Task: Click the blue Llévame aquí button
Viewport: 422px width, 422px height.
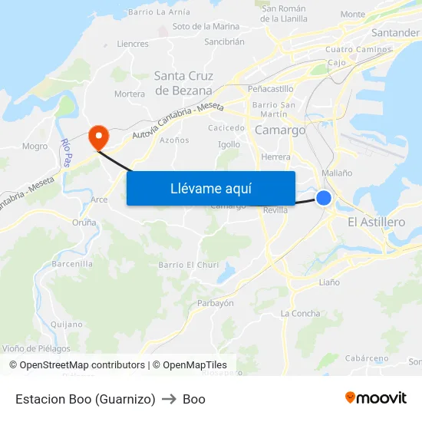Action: point(210,188)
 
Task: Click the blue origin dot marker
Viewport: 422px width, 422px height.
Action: point(324,198)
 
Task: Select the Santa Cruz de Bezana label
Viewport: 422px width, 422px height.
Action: point(183,83)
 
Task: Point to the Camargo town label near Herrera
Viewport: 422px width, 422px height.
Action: point(279,130)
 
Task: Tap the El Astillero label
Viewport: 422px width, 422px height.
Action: point(376,222)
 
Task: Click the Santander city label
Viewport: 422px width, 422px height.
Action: point(394,33)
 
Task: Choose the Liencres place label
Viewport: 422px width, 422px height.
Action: point(133,44)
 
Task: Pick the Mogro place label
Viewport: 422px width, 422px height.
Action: point(35,146)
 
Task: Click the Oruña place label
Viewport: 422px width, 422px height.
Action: point(84,223)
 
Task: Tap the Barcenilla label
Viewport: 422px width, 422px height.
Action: point(72,263)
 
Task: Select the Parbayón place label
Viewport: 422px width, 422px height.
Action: point(216,303)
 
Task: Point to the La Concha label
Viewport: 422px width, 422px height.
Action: point(300,313)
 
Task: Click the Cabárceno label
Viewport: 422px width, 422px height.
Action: point(366,358)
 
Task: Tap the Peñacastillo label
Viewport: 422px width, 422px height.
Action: point(270,89)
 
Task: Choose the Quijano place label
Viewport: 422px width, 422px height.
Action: point(66,324)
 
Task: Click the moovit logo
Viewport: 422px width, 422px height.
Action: point(376,398)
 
